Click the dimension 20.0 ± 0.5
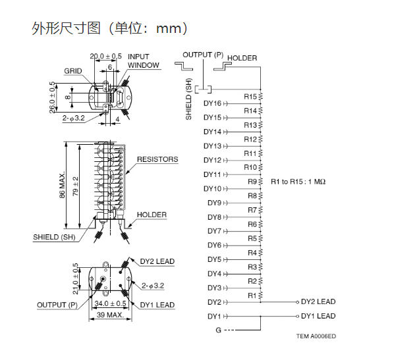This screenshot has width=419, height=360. click(x=105, y=56)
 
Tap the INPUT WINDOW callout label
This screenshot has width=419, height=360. click(x=143, y=61)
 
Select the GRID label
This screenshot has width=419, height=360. click(x=73, y=70)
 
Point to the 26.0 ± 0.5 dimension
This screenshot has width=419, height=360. click(x=53, y=97)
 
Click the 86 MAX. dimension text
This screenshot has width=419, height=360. click(x=63, y=186)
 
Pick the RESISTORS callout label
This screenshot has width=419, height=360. click(x=157, y=159)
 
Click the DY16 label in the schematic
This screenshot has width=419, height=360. click(x=213, y=103)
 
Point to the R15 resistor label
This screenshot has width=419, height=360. click(x=250, y=97)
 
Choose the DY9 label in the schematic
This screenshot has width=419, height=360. click(x=215, y=203)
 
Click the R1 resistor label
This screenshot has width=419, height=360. click(x=251, y=296)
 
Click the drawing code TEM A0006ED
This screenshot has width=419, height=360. click(x=316, y=336)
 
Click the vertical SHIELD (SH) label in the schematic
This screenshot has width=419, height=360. click(x=188, y=102)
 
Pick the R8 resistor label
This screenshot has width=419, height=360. click(x=252, y=195)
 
